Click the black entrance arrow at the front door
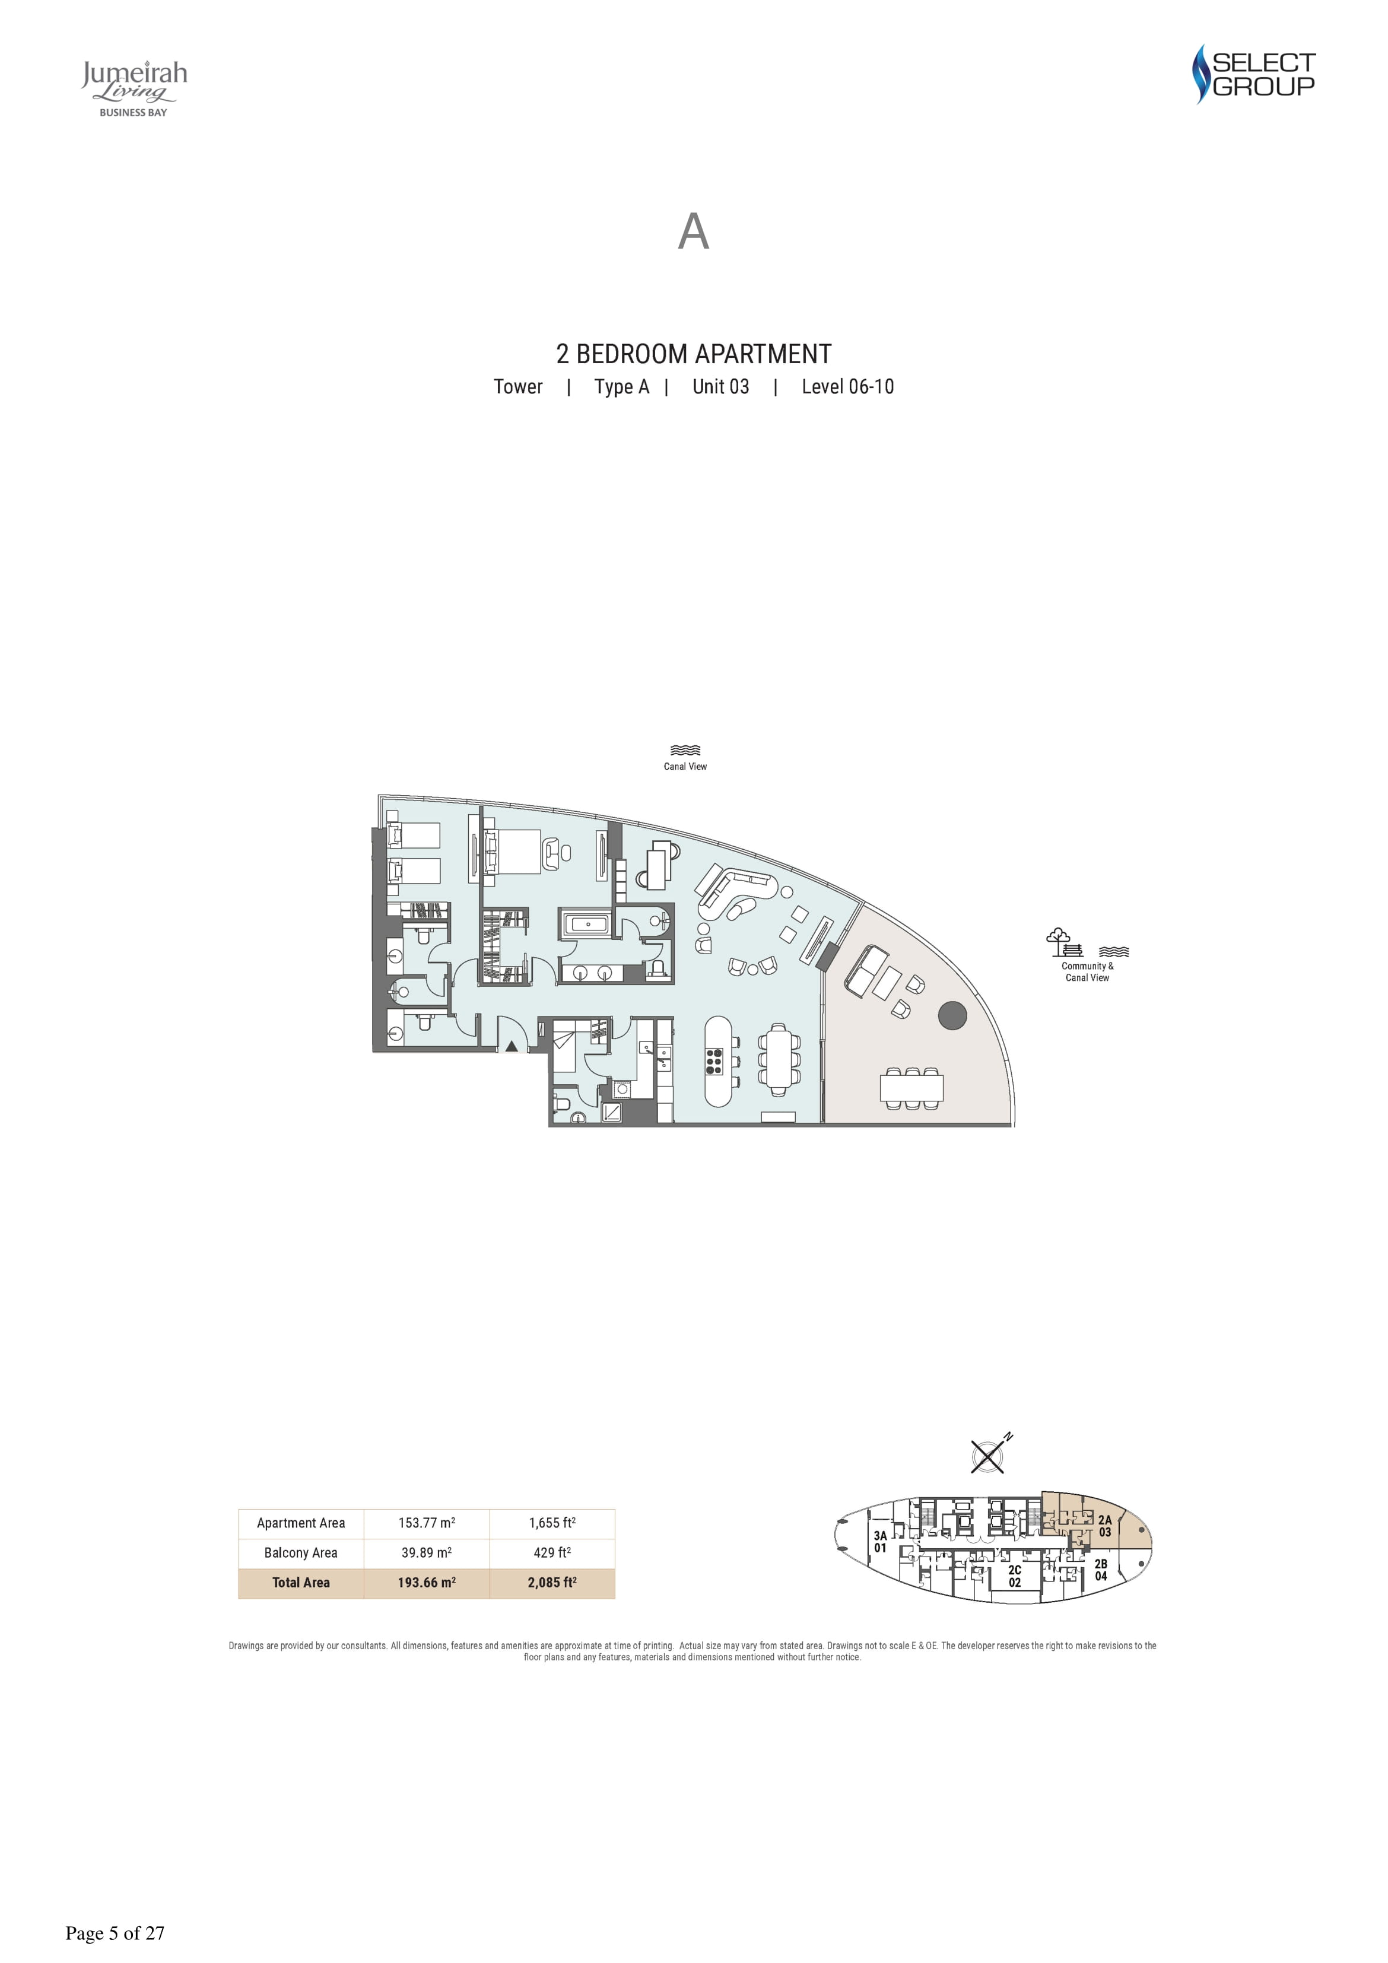(x=512, y=1045)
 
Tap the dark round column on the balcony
(x=952, y=1016)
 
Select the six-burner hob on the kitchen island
(x=714, y=1061)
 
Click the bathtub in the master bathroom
(x=586, y=924)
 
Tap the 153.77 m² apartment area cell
(x=427, y=1523)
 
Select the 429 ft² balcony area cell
(x=552, y=1552)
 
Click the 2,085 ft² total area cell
(x=552, y=1583)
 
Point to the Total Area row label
(x=301, y=1583)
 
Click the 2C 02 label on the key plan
(x=1014, y=1576)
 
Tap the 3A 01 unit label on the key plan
(x=880, y=1542)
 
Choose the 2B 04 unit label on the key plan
(x=1101, y=1570)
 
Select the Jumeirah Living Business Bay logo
(x=134, y=88)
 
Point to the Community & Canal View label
(x=1087, y=972)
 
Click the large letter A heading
(x=694, y=231)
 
